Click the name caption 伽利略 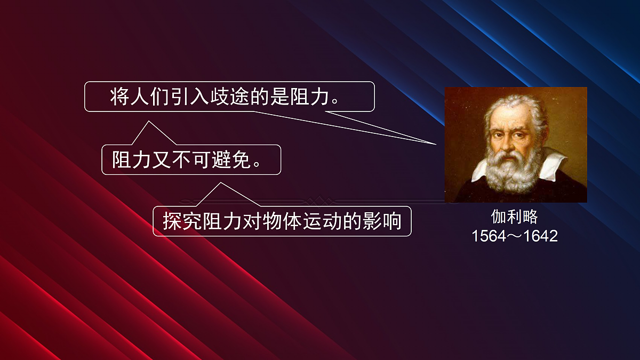pyautogui.click(x=514, y=217)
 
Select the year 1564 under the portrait pyautogui.click(x=489, y=236)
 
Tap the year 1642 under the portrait pyautogui.click(x=540, y=236)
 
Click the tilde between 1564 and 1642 pyautogui.click(x=515, y=236)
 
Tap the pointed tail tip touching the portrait pyautogui.click(x=436, y=144)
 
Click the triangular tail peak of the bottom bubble pyautogui.click(x=220, y=183)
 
